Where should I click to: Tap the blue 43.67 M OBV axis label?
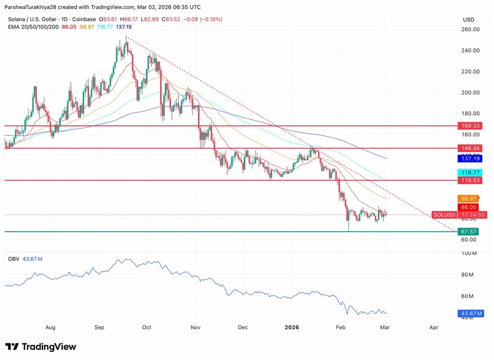471,314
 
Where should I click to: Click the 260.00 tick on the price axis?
470,30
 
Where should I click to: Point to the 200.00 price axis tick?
470,93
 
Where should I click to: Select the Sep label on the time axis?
99,327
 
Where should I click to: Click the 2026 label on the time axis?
292,327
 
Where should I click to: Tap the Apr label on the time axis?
433,327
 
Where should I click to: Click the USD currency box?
468,20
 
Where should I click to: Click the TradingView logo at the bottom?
41,347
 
